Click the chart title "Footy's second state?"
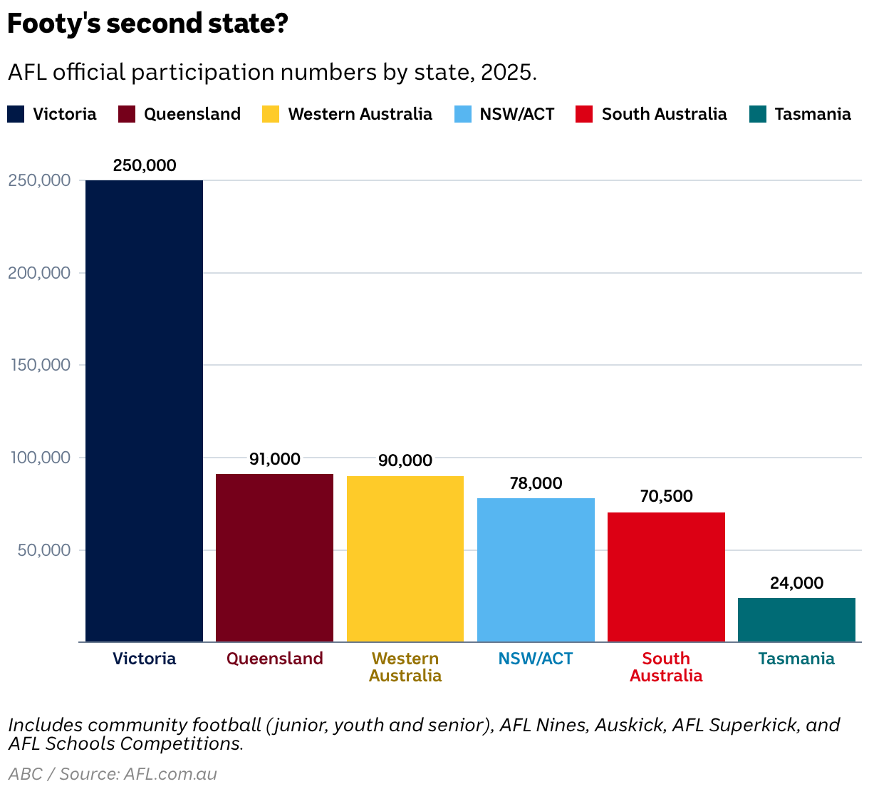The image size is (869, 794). click(x=147, y=24)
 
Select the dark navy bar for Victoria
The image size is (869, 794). click(x=144, y=411)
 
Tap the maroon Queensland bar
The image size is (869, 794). click(x=274, y=557)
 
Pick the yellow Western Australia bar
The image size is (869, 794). click(x=405, y=559)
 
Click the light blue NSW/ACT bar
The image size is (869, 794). click(x=536, y=569)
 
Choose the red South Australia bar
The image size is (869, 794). click(x=666, y=577)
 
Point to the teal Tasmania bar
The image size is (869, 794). click(x=796, y=619)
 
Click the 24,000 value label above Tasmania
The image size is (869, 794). click(x=796, y=583)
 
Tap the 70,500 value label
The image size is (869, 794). click(x=666, y=496)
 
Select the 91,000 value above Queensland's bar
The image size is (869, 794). click(x=274, y=459)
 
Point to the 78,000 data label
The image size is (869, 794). click(x=536, y=483)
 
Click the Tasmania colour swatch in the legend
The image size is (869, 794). click(x=757, y=114)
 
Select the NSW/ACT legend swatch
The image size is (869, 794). click(x=462, y=114)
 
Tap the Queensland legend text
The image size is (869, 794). click(x=192, y=114)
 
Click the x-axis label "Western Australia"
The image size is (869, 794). click(x=405, y=667)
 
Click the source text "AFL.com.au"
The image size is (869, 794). click(x=170, y=774)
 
